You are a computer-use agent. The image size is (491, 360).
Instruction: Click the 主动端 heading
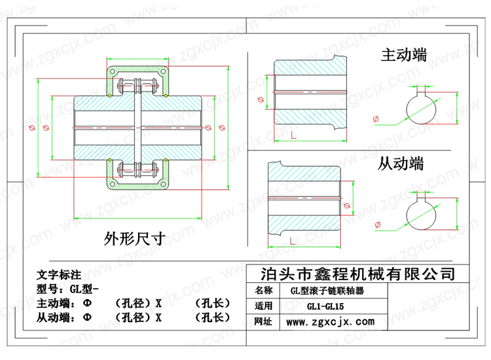point(404,55)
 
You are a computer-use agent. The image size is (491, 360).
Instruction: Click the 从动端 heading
point(401,164)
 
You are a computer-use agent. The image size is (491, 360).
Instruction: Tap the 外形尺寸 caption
point(135,238)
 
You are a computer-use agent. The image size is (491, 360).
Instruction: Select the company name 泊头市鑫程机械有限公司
point(358,274)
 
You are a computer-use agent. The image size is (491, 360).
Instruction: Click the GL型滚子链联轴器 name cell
point(327,291)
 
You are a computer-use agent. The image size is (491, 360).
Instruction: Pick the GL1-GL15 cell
point(325,306)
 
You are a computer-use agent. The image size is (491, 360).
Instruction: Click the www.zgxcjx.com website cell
point(331,322)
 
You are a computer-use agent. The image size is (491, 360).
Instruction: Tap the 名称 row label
point(263,291)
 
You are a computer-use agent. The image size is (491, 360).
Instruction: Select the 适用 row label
point(263,306)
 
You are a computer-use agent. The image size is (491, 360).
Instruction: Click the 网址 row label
point(263,321)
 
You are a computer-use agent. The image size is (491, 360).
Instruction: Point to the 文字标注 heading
point(59,275)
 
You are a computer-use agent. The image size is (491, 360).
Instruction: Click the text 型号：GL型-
point(67,289)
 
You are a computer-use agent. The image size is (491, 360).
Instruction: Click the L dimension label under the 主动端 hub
point(293,135)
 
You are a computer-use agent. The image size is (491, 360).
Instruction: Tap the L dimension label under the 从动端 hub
point(293,241)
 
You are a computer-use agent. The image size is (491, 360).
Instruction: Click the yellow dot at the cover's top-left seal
point(109,96)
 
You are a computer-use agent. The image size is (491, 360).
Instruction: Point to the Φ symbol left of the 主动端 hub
point(261,99)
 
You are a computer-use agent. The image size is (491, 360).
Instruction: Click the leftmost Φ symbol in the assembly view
point(32,128)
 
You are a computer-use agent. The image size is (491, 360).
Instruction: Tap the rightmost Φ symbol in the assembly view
point(222,128)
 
